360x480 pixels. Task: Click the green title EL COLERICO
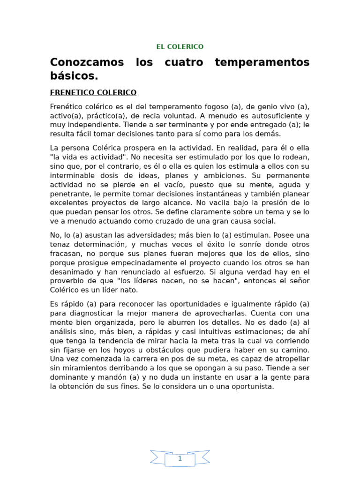point(180,47)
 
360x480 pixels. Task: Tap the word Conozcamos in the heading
point(87,62)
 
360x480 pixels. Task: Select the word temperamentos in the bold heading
point(262,62)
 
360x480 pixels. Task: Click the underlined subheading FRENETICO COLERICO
point(93,93)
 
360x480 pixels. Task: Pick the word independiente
point(90,125)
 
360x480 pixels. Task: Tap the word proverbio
point(66,281)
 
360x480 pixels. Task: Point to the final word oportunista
point(251,387)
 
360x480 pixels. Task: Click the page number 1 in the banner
point(180,459)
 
